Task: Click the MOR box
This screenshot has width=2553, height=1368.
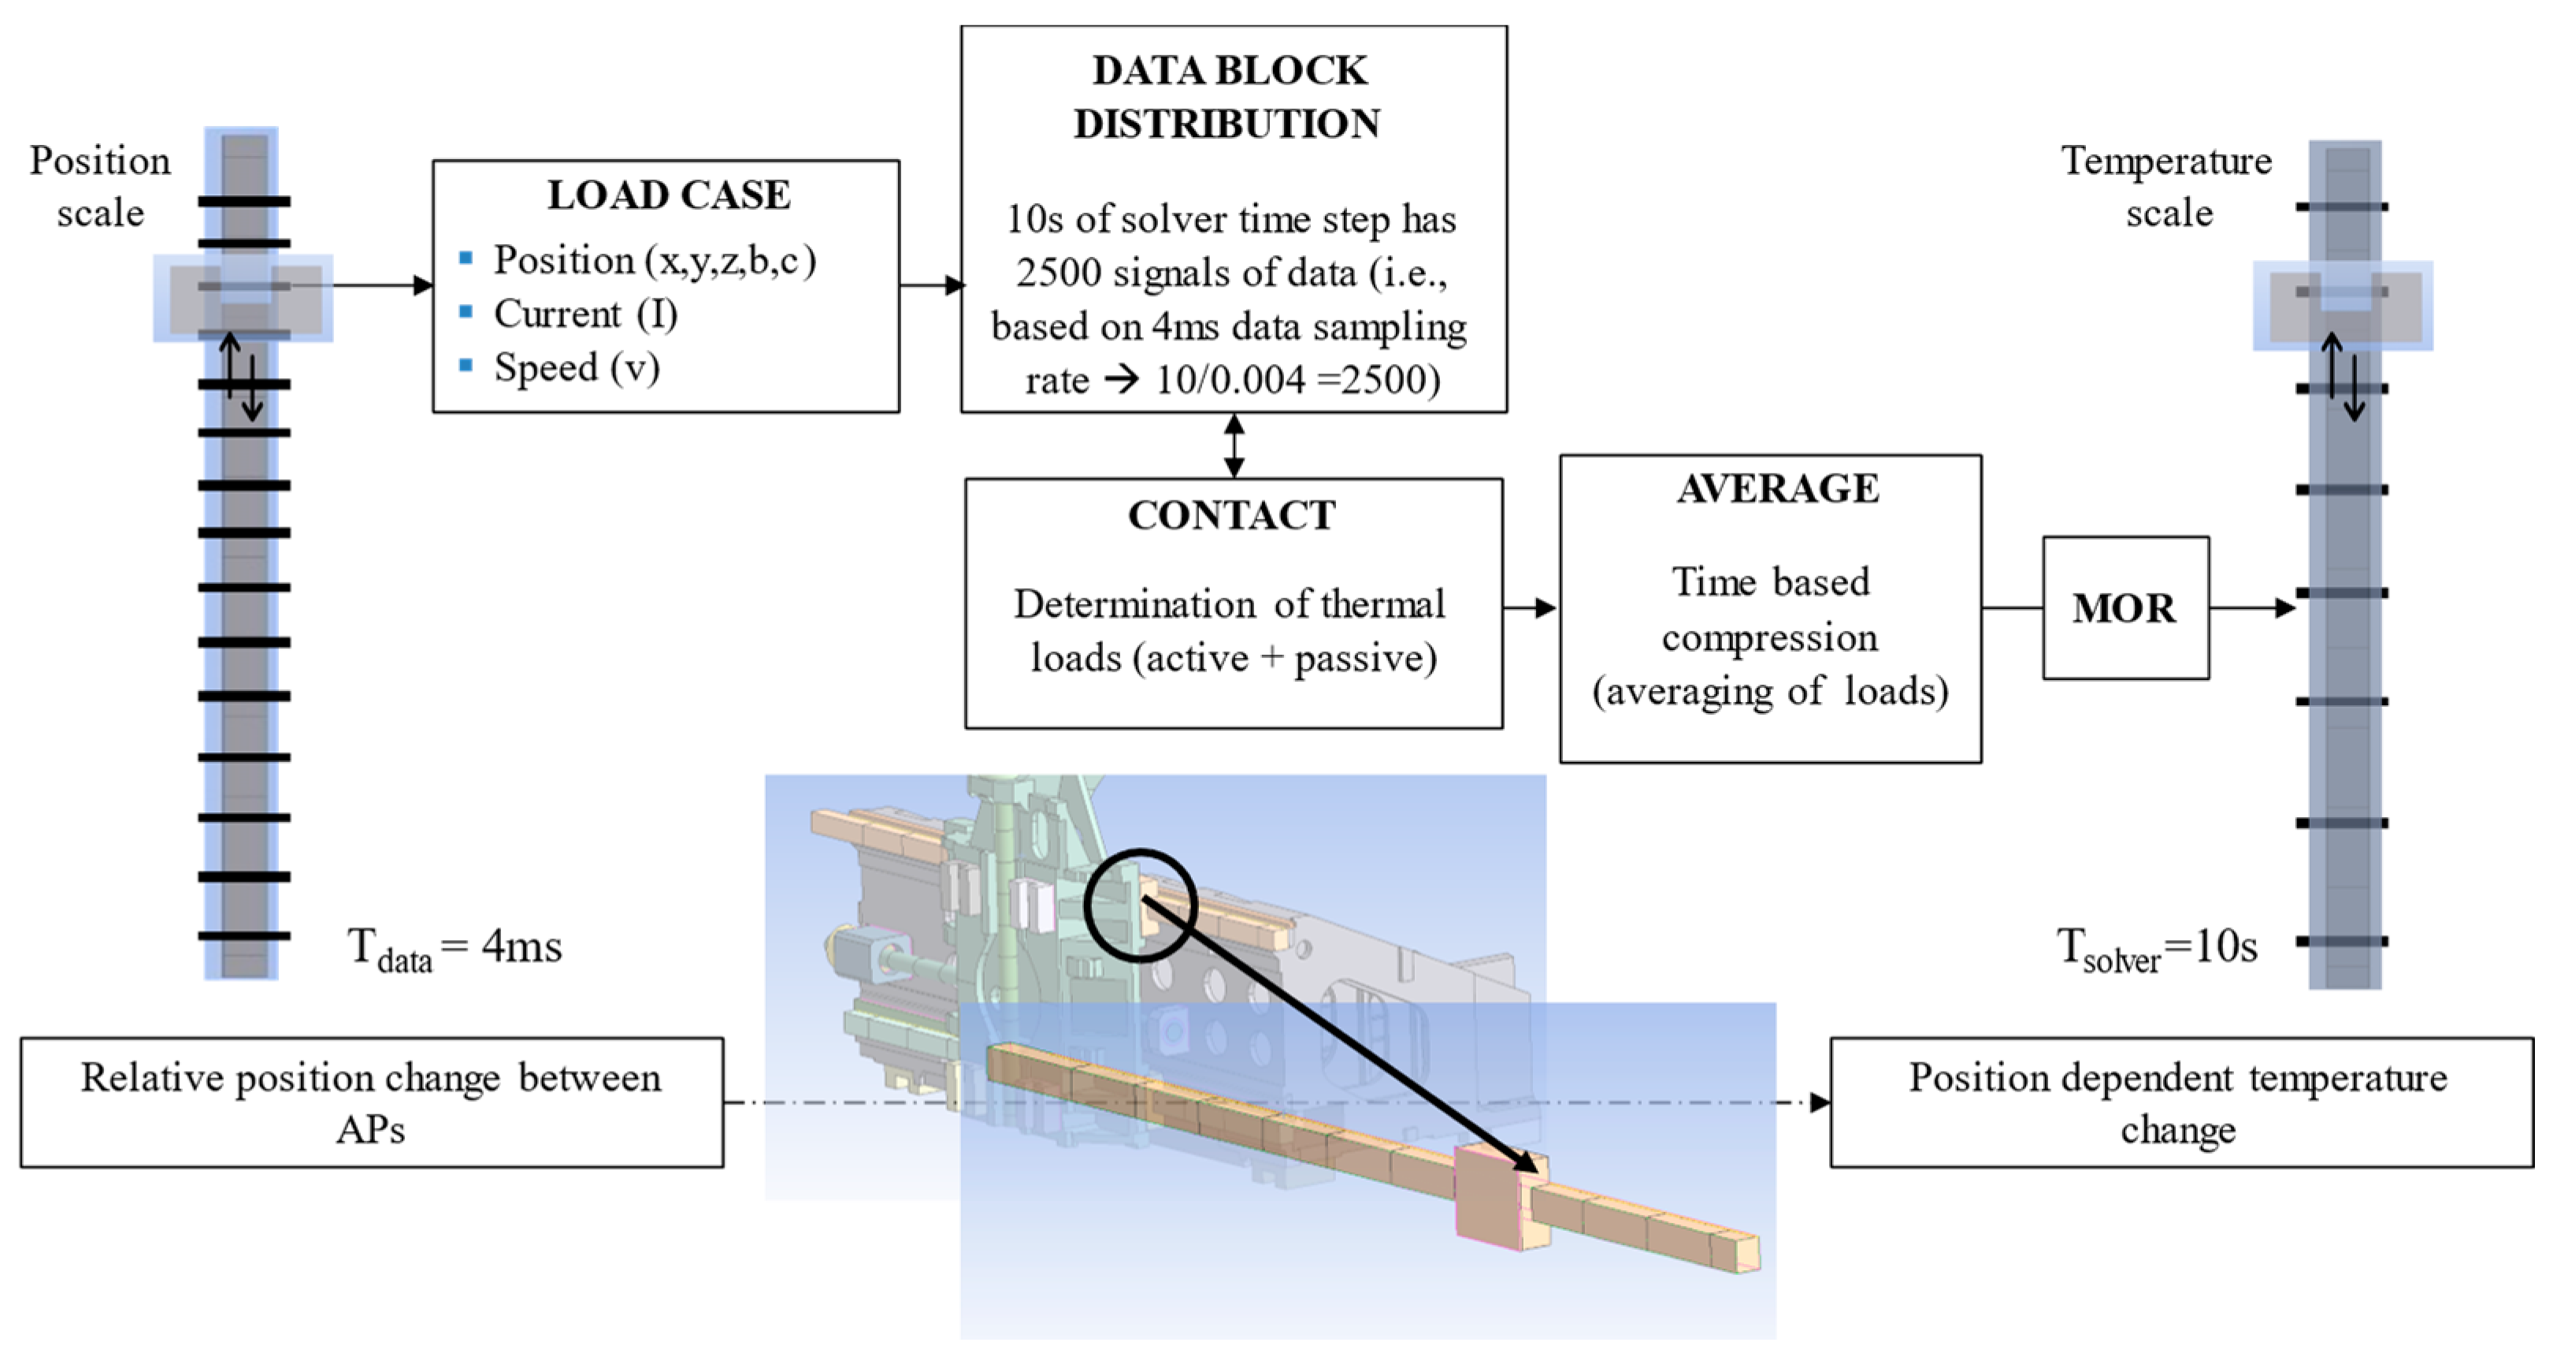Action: (x=2124, y=608)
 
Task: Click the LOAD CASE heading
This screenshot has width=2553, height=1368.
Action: (x=668, y=195)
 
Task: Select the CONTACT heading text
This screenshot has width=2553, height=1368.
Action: (x=1232, y=515)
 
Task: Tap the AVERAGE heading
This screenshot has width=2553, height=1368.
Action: (x=1777, y=489)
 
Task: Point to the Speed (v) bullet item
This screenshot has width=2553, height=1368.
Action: (x=576, y=368)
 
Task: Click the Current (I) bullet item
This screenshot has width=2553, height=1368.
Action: (x=584, y=314)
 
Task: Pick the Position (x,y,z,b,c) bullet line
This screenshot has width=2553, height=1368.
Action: (x=654, y=261)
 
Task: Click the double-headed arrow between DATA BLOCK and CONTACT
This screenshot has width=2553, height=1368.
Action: (x=1234, y=445)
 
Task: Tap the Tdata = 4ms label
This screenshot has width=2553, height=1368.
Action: (x=454, y=948)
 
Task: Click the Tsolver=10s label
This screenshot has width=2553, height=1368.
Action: (x=2157, y=948)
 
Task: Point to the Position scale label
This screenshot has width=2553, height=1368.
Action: (x=99, y=186)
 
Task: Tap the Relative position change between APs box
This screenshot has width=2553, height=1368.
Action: (x=372, y=1102)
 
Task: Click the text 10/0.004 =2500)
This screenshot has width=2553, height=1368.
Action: (x=1297, y=381)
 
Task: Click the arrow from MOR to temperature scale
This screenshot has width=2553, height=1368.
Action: (x=2252, y=608)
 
